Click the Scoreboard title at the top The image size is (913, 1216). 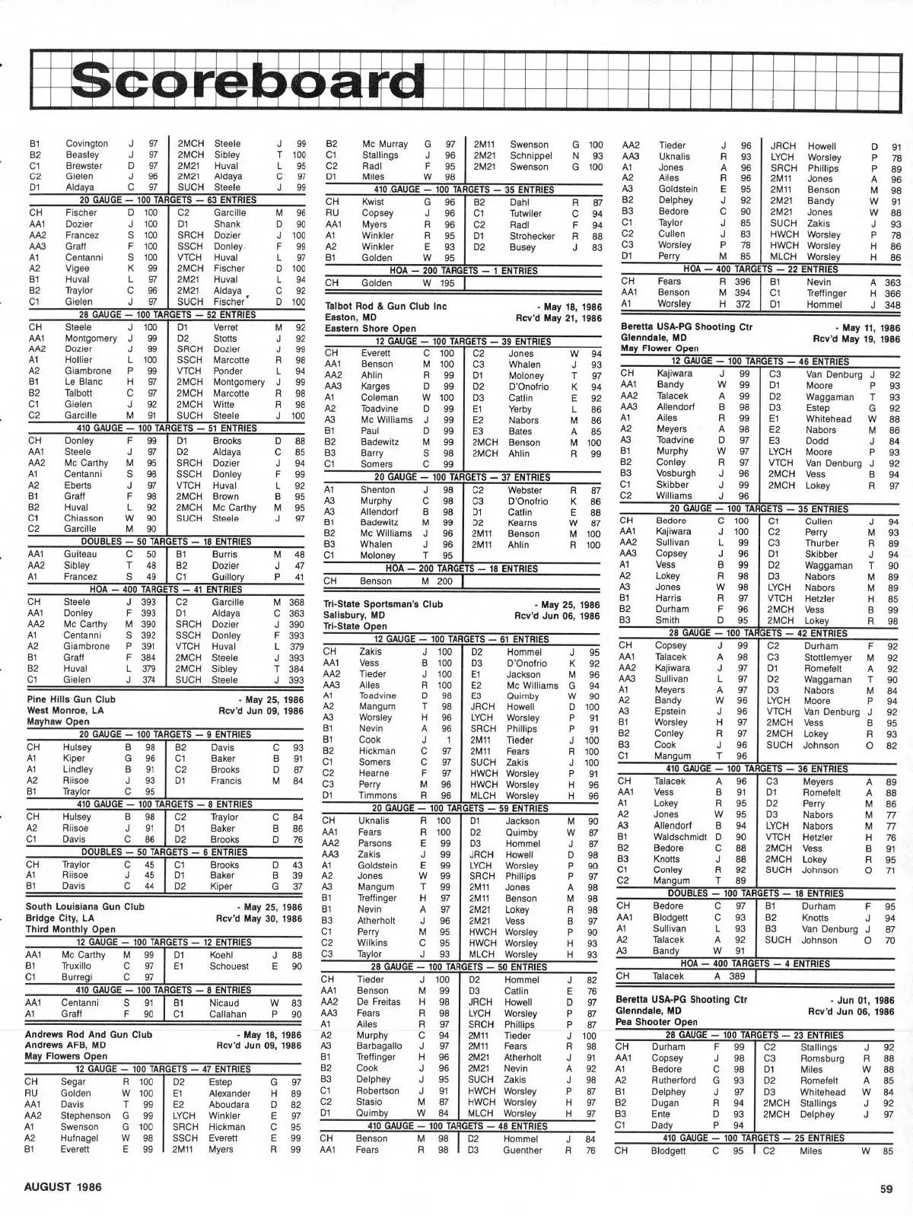(247, 80)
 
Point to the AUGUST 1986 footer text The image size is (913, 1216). (62, 1186)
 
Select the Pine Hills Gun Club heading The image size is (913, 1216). (71, 699)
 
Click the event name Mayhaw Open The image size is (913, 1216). (58, 721)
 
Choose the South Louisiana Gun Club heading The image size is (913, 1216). (84, 906)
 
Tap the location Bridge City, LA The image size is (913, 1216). (60, 918)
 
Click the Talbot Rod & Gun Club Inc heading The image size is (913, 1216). (386, 306)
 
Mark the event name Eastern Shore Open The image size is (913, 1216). (371, 329)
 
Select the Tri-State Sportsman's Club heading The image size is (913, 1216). (383, 604)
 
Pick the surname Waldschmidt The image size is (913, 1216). (680, 836)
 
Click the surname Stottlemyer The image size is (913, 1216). (828, 657)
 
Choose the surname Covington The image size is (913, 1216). (87, 143)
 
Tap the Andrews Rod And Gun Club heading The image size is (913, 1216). (89, 1034)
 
